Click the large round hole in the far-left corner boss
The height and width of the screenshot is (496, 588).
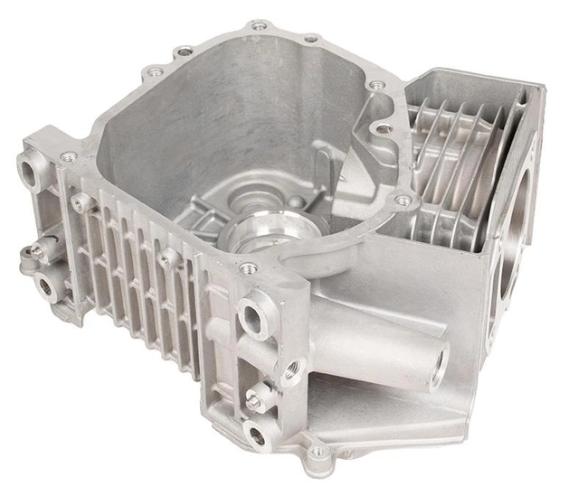(x=28, y=170)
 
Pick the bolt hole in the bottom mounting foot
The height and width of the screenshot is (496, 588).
(x=318, y=451)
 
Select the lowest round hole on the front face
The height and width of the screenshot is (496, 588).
(x=257, y=435)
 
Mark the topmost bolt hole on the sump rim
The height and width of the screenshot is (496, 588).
(x=259, y=25)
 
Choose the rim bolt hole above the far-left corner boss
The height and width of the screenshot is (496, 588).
(x=68, y=157)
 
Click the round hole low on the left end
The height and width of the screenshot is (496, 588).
(x=43, y=287)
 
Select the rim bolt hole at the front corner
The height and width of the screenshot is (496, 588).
(x=247, y=268)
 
